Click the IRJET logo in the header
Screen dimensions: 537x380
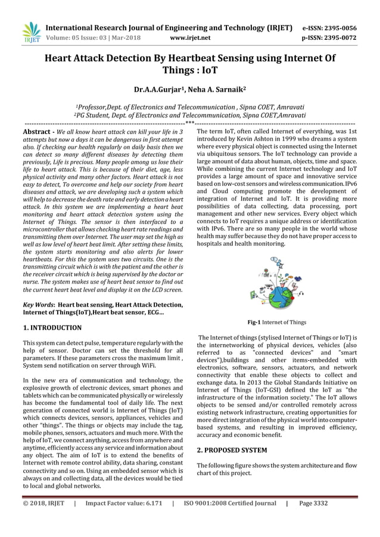click(29, 33)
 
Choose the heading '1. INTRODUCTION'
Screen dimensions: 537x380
click(52, 327)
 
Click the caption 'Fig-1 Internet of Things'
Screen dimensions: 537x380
click(277, 322)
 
